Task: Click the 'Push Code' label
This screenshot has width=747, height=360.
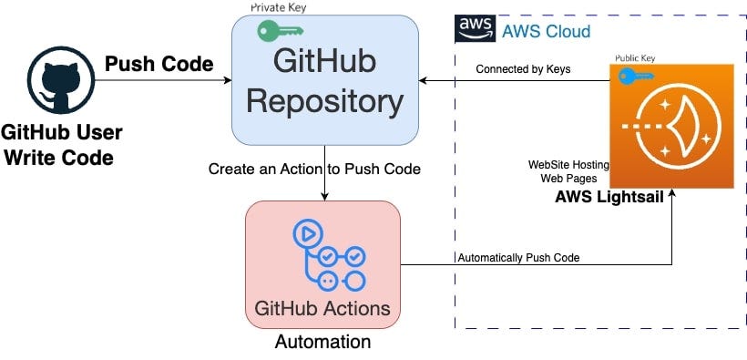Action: (x=159, y=64)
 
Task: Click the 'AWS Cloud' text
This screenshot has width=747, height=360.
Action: (x=547, y=32)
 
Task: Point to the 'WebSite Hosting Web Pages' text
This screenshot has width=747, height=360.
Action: (x=568, y=171)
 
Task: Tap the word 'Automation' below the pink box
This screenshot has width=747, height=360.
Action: (x=322, y=343)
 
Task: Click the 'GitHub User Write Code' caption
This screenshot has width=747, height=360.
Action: (x=62, y=145)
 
